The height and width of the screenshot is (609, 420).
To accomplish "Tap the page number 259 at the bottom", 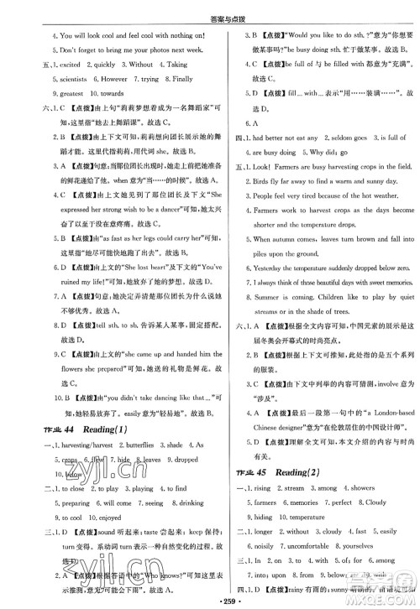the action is (209, 601).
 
